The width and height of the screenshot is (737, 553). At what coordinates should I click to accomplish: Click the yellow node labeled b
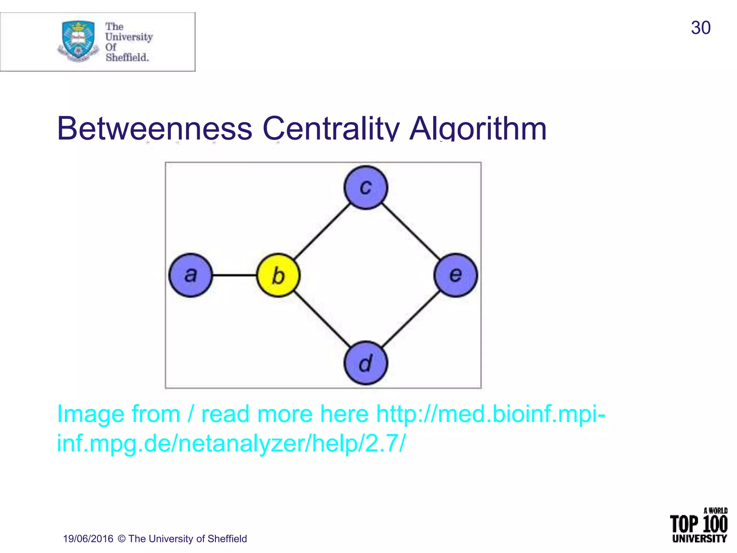click(x=278, y=275)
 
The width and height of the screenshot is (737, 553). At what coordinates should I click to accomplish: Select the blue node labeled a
click(x=191, y=275)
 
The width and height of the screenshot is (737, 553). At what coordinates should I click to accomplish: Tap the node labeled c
click(x=366, y=188)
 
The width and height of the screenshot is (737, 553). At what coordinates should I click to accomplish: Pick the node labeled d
click(x=366, y=363)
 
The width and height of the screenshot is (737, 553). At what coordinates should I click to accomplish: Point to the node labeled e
click(x=456, y=275)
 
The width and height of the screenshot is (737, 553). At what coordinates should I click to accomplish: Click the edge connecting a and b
click(x=234, y=275)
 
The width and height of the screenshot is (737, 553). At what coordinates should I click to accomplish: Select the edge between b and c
click(x=322, y=231)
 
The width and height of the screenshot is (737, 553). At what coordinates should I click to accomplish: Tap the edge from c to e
click(x=411, y=231)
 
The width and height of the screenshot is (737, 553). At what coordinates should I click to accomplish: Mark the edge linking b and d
click(x=322, y=319)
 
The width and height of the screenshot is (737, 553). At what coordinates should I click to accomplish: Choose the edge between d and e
click(x=411, y=319)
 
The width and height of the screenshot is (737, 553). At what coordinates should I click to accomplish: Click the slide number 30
click(x=700, y=28)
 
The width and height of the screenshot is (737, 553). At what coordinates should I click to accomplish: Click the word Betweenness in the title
click(x=155, y=129)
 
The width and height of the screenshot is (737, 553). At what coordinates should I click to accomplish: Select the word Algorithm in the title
click(x=478, y=129)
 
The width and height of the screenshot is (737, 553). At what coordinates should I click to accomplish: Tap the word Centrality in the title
click(x=331, y=129)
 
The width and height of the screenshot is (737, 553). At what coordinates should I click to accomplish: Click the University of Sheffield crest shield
click(x=78, y=40)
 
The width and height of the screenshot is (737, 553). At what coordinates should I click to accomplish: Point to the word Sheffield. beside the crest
click(x=127, y=58)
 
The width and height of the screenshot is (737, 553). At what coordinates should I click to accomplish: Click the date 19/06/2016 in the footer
click(x=88, y=539)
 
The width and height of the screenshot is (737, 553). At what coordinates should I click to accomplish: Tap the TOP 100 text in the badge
click(x=698, y=524)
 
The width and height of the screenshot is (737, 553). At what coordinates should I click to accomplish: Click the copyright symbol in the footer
click(x=122, y=539)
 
